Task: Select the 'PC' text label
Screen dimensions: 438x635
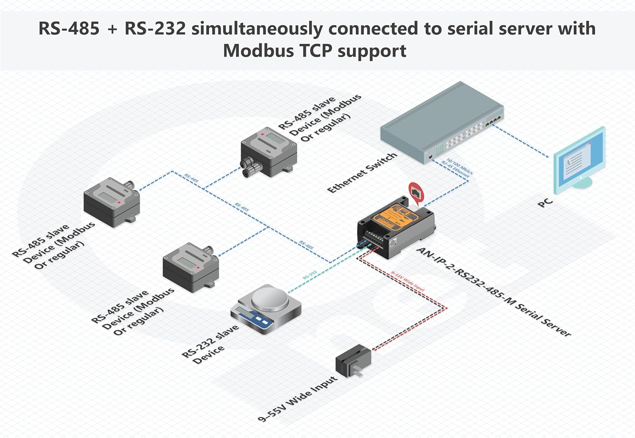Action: (545, 203)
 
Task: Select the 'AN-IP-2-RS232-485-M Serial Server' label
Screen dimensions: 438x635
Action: (494, 292)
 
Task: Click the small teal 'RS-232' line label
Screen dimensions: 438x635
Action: (310, 275)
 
